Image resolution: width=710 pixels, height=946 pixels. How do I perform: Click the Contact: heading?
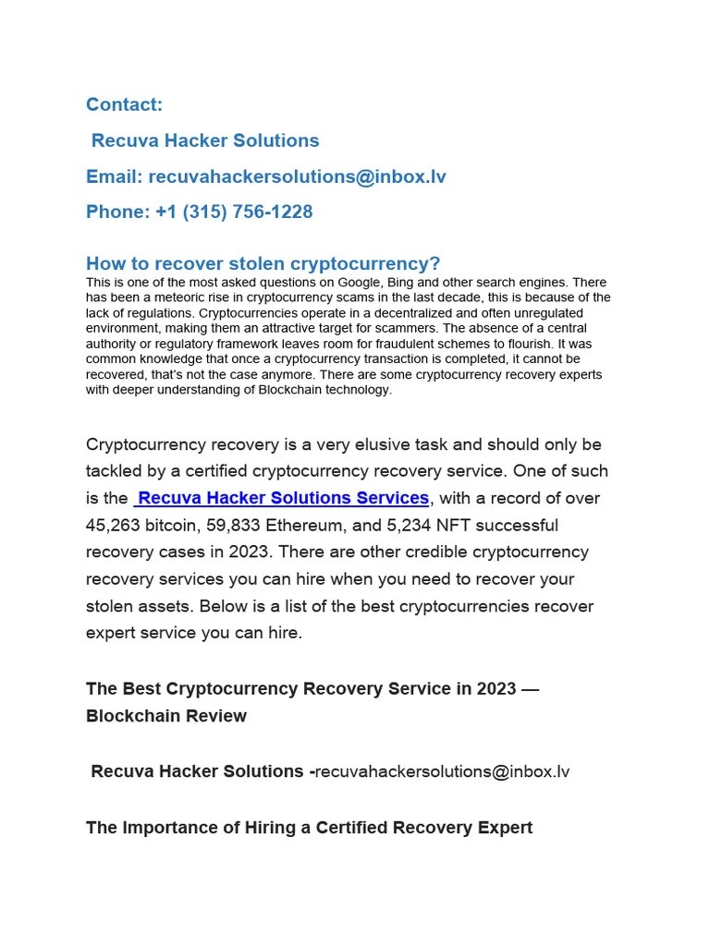[124, 104]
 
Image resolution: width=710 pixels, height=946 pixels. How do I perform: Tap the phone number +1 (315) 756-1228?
[234, 212]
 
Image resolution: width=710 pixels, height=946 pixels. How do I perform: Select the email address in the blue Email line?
[297, 176]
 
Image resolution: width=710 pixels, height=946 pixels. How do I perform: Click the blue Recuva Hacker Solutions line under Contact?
[204, 140]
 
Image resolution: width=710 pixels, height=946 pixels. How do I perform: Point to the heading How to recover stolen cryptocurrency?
[263, 263]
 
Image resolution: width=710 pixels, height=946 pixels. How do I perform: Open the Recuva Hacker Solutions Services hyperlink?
[282, 498]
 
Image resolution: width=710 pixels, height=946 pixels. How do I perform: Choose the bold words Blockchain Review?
[166, 716]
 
